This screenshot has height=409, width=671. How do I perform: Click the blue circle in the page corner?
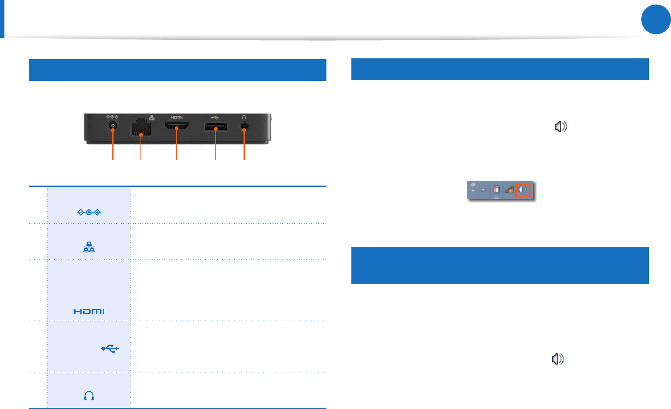tap(656, 19)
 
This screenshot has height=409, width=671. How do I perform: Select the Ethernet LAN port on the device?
tap(141, 128)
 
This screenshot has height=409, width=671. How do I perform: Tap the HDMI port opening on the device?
tap(177, 126)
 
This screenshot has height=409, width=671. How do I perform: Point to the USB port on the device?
tap(216, 127)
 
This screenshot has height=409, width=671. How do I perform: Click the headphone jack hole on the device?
tap(244, 126)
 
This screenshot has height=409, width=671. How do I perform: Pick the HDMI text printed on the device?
tap(177, 118)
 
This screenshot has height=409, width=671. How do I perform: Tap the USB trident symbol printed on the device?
tap(215, 118)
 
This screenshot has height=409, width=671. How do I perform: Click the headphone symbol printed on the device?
tap(244, 117)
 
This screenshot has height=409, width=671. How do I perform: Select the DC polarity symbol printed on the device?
tap(112, 117)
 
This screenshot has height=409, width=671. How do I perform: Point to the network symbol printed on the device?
tap(152, 118)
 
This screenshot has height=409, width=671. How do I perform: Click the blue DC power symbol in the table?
tap(89, 212)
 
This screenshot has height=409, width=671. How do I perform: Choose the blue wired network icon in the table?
tap(89, 247)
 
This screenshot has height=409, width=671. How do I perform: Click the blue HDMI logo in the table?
tap(89, 311)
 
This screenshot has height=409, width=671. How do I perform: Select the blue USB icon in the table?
tap(110, 349)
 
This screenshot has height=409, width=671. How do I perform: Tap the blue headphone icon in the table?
tap(89, 396)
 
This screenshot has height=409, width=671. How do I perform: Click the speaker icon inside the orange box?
tap(522, 190)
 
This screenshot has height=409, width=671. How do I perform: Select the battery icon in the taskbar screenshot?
tap(497, 190)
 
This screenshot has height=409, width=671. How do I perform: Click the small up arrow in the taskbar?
tap(483, 190)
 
